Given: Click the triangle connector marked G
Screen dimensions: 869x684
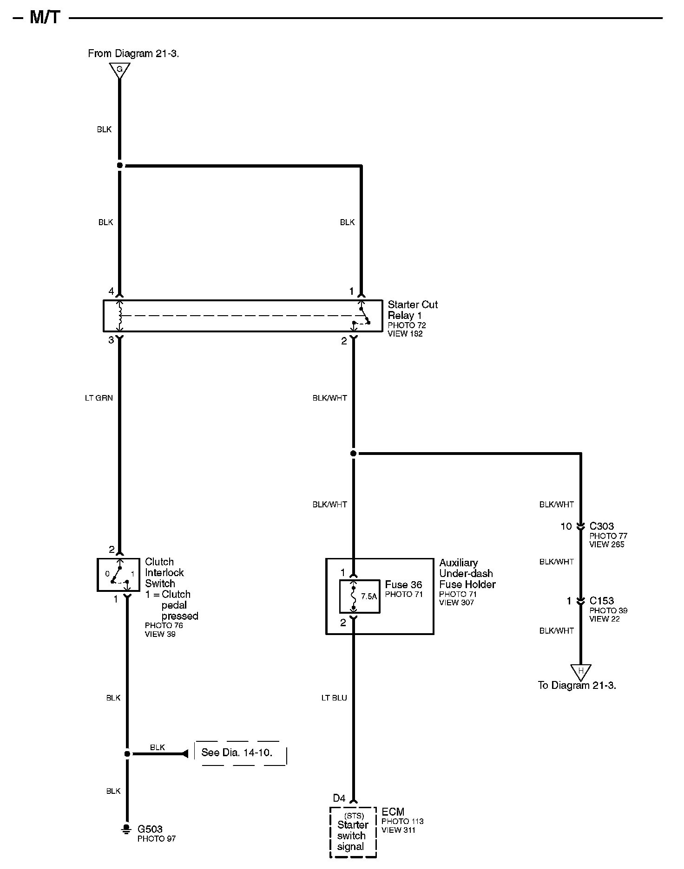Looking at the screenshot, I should pos(119,70).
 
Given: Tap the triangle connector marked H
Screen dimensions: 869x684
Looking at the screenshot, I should pos(580,671).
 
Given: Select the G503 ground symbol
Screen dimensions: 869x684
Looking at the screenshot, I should pos(126,829).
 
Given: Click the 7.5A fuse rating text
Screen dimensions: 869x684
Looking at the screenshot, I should pos(369,597).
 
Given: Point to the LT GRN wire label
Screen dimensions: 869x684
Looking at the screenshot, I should pos(99,398).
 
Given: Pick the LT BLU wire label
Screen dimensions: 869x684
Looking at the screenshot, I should pos(334,698).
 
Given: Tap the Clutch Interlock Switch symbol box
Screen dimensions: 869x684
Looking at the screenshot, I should pos(118,575).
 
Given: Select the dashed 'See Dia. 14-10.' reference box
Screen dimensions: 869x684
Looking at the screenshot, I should pos(240,753).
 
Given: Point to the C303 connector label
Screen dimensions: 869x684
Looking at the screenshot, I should pos(602,526).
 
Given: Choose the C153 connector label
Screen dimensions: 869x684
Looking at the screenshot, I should pos(602,601).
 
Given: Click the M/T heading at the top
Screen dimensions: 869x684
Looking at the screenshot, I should pos(45,18).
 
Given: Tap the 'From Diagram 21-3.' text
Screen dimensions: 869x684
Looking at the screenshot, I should pos(133,53).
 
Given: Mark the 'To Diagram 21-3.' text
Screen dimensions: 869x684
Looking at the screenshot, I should pos(577,685).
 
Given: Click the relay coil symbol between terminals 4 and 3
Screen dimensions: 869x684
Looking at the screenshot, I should pos(120,316).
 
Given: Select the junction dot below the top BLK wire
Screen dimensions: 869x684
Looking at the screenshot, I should pos(120,165).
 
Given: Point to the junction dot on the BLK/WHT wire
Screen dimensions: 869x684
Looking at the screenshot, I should pos(354,453).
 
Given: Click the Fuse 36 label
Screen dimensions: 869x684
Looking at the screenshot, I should pos(403,585).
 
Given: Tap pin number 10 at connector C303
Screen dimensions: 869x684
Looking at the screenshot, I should pos(566,526).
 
